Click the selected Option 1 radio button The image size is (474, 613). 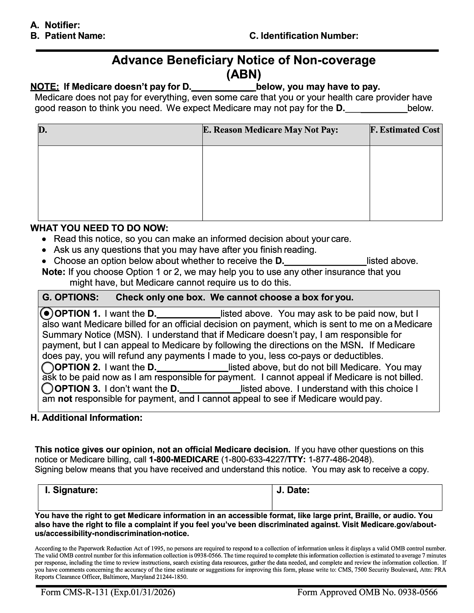[x=46, y=313]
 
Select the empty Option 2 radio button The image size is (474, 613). [x=48, y=367]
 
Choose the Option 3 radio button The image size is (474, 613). [x=48, y=388]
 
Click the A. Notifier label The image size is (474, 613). [x=55, y=25]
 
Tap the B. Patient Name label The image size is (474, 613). [x=67, y=36]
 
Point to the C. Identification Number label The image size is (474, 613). [x=304, y=36]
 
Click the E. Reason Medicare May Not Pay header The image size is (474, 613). [x=270, y=130]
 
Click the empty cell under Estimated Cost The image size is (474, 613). [x=405, y=183]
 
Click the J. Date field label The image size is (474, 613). [x=293, y=490]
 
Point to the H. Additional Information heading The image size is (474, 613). [x=86, y=418]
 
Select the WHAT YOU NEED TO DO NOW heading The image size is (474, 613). [x=99, y=228]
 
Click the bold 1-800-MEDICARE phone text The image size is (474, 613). [x=184, y=459]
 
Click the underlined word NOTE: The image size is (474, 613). [x=44, y=87]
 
